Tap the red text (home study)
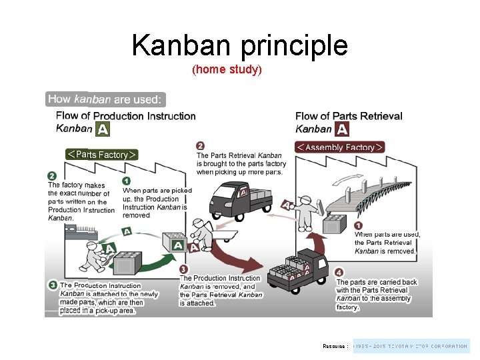pos(227,69)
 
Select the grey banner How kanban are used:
pos(105,99)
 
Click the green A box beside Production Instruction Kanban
pos(101,129)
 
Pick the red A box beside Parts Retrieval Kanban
pos(341,129)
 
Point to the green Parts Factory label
pos(101,155)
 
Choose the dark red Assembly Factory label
pos(340,147)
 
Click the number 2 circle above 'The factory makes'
pos(52,176)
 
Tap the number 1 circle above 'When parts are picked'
pos(127,181)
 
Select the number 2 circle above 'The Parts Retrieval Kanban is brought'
pos(201,146)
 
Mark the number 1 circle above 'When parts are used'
pos(359,225)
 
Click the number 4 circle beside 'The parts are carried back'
pos(339,272)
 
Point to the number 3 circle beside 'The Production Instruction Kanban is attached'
pos(52,285)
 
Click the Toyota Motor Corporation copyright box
pos(411,346)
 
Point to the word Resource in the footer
pos(335,347)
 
